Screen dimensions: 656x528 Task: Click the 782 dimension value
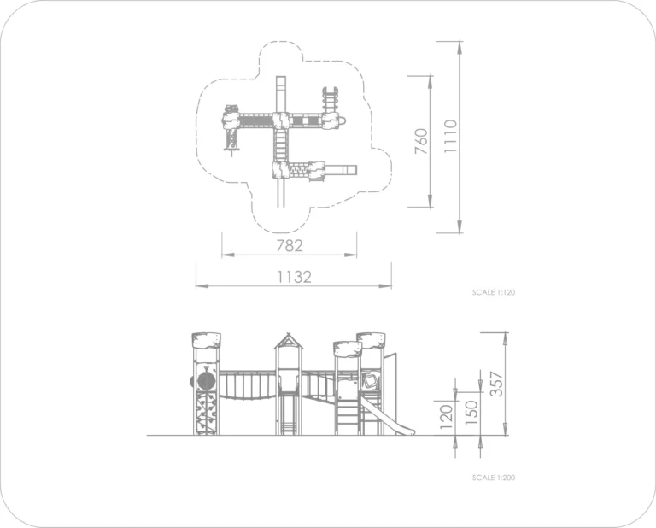290,245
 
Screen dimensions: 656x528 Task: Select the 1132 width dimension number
295,277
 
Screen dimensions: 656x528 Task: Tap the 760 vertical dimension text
421,142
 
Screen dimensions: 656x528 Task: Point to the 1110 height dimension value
451,137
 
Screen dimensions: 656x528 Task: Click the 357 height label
497,384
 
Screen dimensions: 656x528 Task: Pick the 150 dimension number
471,413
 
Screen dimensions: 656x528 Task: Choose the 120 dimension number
447,417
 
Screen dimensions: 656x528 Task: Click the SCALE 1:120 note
494,292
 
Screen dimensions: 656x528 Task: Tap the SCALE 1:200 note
494,478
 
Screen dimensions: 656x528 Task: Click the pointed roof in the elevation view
288,342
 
